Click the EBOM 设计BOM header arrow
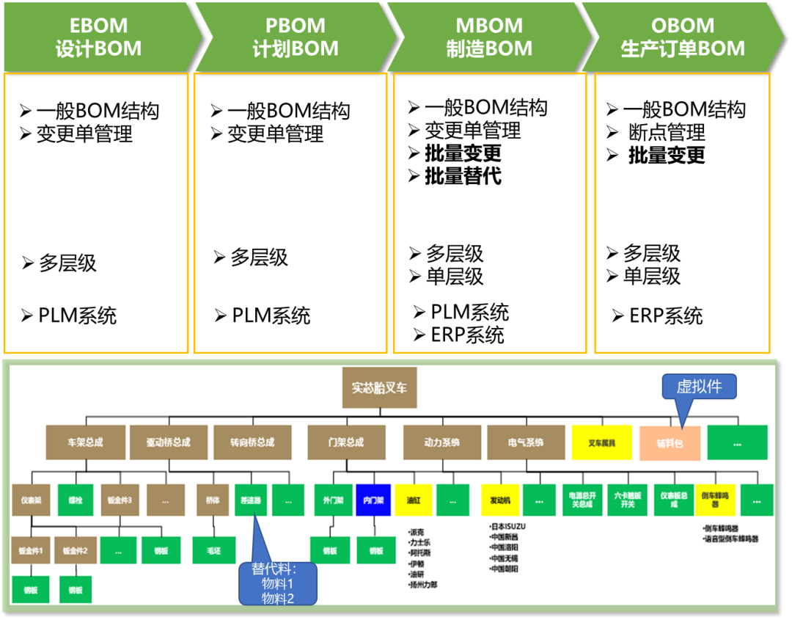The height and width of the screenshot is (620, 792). (99, 37)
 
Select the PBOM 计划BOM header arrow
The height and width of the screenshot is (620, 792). (295, 37)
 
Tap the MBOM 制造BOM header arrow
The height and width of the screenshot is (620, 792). (489, 37)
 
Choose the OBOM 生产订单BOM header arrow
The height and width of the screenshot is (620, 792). (683, 37)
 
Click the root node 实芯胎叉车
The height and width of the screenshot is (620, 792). (379, 387)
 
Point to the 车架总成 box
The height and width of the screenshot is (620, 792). (85, 442)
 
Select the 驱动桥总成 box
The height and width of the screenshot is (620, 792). (168, 442)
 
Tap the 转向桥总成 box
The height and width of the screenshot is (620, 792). (252, 442)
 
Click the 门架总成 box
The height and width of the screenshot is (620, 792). (345, 442)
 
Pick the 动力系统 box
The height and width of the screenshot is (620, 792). (441, 442)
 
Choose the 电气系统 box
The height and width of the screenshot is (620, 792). (526, 442)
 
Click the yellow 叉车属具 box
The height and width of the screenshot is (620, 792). (601, 442)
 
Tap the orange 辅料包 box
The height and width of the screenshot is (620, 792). (670, 443)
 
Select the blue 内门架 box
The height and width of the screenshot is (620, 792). (373, 500)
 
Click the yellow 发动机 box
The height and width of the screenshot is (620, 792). (500, 500)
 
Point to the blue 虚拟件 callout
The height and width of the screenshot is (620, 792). (699, 387)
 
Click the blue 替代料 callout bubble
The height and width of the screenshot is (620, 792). (278, 584)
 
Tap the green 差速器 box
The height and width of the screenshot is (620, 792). (251, 500)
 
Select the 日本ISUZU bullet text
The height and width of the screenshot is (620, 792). (508, 527)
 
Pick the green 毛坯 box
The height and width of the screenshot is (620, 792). (213, 550)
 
